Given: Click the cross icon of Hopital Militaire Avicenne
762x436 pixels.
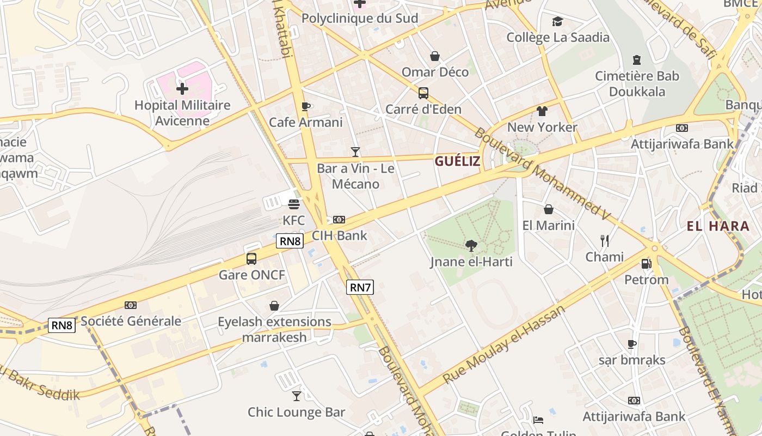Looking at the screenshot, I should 182,88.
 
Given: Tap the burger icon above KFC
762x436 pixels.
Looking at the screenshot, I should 294,204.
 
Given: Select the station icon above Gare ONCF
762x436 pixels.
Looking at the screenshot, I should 251,259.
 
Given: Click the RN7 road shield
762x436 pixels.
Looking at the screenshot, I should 360,287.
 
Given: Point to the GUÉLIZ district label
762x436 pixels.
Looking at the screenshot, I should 457,161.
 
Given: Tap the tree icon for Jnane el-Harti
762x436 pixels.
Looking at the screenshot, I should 471,246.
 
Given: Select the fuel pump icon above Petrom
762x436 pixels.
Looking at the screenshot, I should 646,264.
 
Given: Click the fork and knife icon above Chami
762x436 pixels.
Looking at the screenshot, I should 604,240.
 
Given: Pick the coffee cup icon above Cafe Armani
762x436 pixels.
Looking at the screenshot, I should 305,106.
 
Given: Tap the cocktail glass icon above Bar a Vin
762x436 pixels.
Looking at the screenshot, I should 355,152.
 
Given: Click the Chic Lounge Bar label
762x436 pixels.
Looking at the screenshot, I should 297,412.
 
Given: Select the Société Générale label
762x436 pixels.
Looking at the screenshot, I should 131,321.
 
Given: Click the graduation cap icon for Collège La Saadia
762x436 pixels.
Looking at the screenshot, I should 557,22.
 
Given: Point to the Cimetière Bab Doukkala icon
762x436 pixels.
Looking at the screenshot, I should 637,59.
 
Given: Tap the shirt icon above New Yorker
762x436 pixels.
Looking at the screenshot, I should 542,111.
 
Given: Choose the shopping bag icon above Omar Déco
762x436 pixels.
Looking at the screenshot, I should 435,56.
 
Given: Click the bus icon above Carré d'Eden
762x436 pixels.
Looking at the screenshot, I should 423,93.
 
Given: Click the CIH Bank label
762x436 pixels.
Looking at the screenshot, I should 339,236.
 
